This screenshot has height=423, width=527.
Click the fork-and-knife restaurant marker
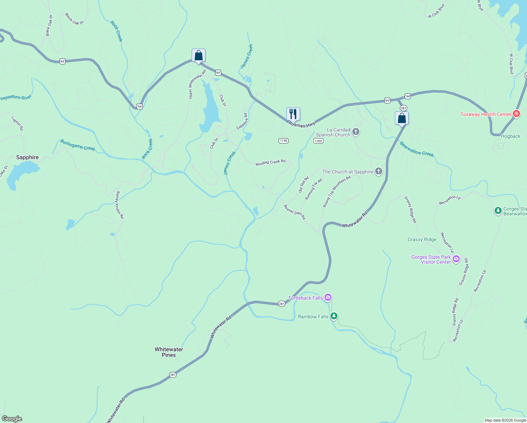coord(293,114)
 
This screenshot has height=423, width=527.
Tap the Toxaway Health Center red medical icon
coord(516,114)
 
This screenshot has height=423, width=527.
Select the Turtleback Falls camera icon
coord(328,298)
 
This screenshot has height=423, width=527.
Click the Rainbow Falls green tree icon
coord(334,316)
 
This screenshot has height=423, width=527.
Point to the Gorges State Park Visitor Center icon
coord(456,259)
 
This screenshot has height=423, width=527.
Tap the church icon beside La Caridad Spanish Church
coord(356,132)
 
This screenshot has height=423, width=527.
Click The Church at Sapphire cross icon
coord(379,172)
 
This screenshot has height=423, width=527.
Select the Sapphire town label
coord(27,157)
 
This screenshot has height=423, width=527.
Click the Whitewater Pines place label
coord(169,352)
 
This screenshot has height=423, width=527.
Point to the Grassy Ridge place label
coord(422,239)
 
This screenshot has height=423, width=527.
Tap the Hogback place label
coord(510,136)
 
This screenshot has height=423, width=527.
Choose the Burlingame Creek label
coord(77,145)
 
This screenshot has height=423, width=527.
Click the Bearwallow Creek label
coord(417,149)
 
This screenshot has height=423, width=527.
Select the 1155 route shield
coord(284,141)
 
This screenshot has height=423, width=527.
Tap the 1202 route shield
coord(318,141)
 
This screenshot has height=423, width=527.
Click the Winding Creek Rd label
coord(270,163)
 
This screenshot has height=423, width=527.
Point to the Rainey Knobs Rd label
coord(120,205)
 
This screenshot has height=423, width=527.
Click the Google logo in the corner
coord(12,419)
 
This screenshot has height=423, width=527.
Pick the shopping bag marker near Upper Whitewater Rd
coord(198,56)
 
